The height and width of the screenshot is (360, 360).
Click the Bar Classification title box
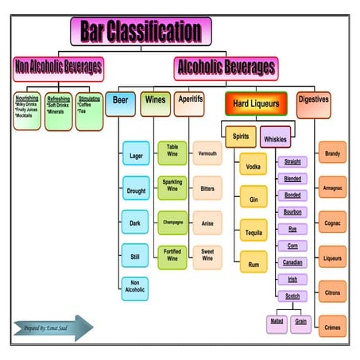(x=141, y=31)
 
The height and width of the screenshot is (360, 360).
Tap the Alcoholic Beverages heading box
(x=226, y=68)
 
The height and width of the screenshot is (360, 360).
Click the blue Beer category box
(x=121, y=103)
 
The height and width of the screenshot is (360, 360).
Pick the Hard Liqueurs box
(x=256, y=103)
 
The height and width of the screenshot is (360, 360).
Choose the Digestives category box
(x=314, y=101)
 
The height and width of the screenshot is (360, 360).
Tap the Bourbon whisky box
(x=292, y=212)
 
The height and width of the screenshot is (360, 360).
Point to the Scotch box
(x=292, y=296)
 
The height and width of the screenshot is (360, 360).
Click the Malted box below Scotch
(x=277, y=323)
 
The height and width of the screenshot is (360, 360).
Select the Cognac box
(x=332, y=223)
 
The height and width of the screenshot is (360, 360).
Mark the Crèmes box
(x=332, y=326)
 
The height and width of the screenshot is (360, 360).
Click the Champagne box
(x=172, y=223)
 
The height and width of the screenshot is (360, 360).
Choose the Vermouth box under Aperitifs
(x=207, y=153)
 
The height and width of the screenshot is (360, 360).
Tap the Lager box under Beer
(x=136, y=156)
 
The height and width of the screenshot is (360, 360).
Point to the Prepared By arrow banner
(x=52, y=327)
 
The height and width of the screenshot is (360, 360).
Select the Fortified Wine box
(x=172, y=257)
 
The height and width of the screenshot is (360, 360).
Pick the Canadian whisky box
(x=292, y=262)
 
